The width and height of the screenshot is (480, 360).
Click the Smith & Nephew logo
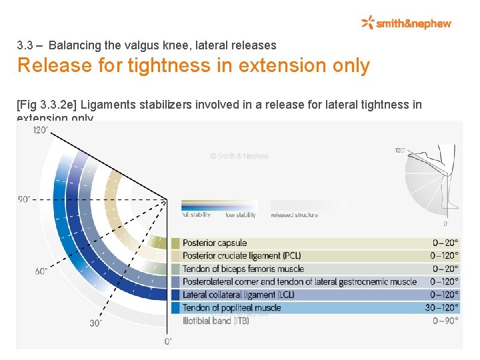click(x=406, y=23)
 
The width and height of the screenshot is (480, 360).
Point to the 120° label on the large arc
click(x=41, y=130)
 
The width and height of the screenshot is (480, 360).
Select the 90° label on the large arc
click(x=25, y=199)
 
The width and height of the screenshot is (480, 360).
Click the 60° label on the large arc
click(x=41, y=271)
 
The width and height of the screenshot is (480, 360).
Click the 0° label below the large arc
click(x=168, y=341)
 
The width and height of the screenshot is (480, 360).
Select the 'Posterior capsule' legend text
click(x=215, y=243)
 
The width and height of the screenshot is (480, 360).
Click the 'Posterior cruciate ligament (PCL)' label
click(x=241, y=256)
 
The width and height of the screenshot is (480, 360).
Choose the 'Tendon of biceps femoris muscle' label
click(x=243, y=269)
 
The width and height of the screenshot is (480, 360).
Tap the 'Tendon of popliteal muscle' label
click(x=231, y=307)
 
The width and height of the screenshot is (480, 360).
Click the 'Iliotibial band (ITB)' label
click(x=216, y=321)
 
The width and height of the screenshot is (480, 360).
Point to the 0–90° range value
click(x=445, y=321)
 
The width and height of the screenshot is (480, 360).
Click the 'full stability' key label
click(x=197, y=215)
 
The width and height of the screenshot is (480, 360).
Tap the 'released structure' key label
click(x=294, y=215)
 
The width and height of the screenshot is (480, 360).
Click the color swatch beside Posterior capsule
click(x=175, y=243)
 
